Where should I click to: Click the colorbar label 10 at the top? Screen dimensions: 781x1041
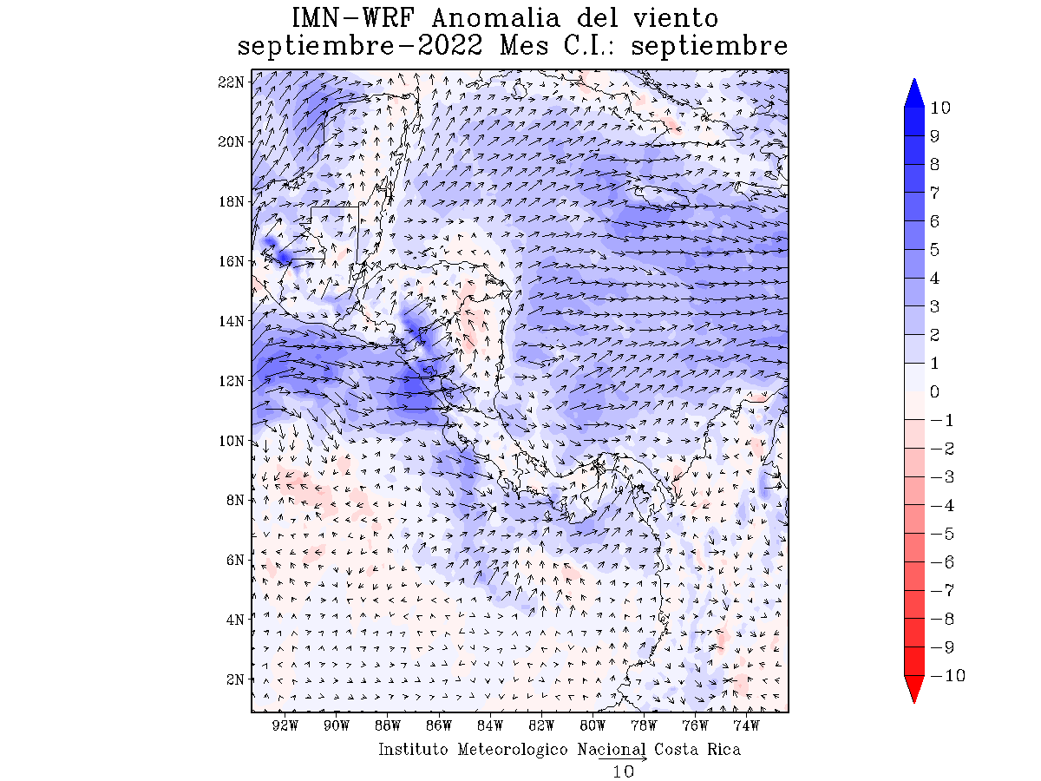point(940,108)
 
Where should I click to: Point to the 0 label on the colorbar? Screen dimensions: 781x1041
point(934,392)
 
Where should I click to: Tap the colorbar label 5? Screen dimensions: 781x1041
point(934,250)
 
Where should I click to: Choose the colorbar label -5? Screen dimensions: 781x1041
point(942,534)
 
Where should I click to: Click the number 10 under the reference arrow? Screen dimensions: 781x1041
point(623,771)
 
